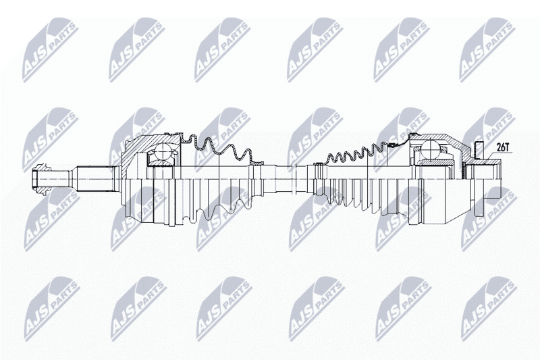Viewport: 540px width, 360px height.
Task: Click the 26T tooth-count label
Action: click(x=503, y=147)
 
